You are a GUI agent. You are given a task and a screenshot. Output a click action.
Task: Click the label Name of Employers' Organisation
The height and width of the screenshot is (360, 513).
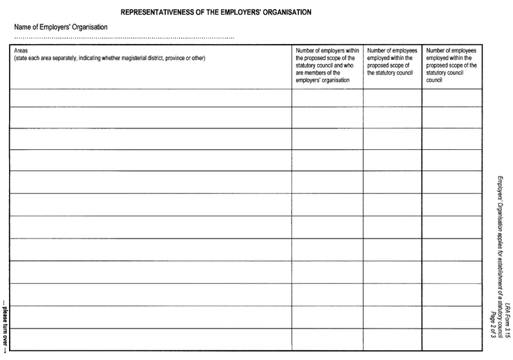pyautogui.click(x=61, y=27)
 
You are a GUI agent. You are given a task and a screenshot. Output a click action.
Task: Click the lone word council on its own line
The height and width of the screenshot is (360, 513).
pyautogui.click(x=434, y=80)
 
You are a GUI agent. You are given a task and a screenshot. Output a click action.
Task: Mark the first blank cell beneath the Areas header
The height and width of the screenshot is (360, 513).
pyautogui.click(x=150, y=98)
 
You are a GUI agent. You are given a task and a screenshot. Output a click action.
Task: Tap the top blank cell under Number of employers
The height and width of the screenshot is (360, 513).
pyautogui.click(x=327, y=98)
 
